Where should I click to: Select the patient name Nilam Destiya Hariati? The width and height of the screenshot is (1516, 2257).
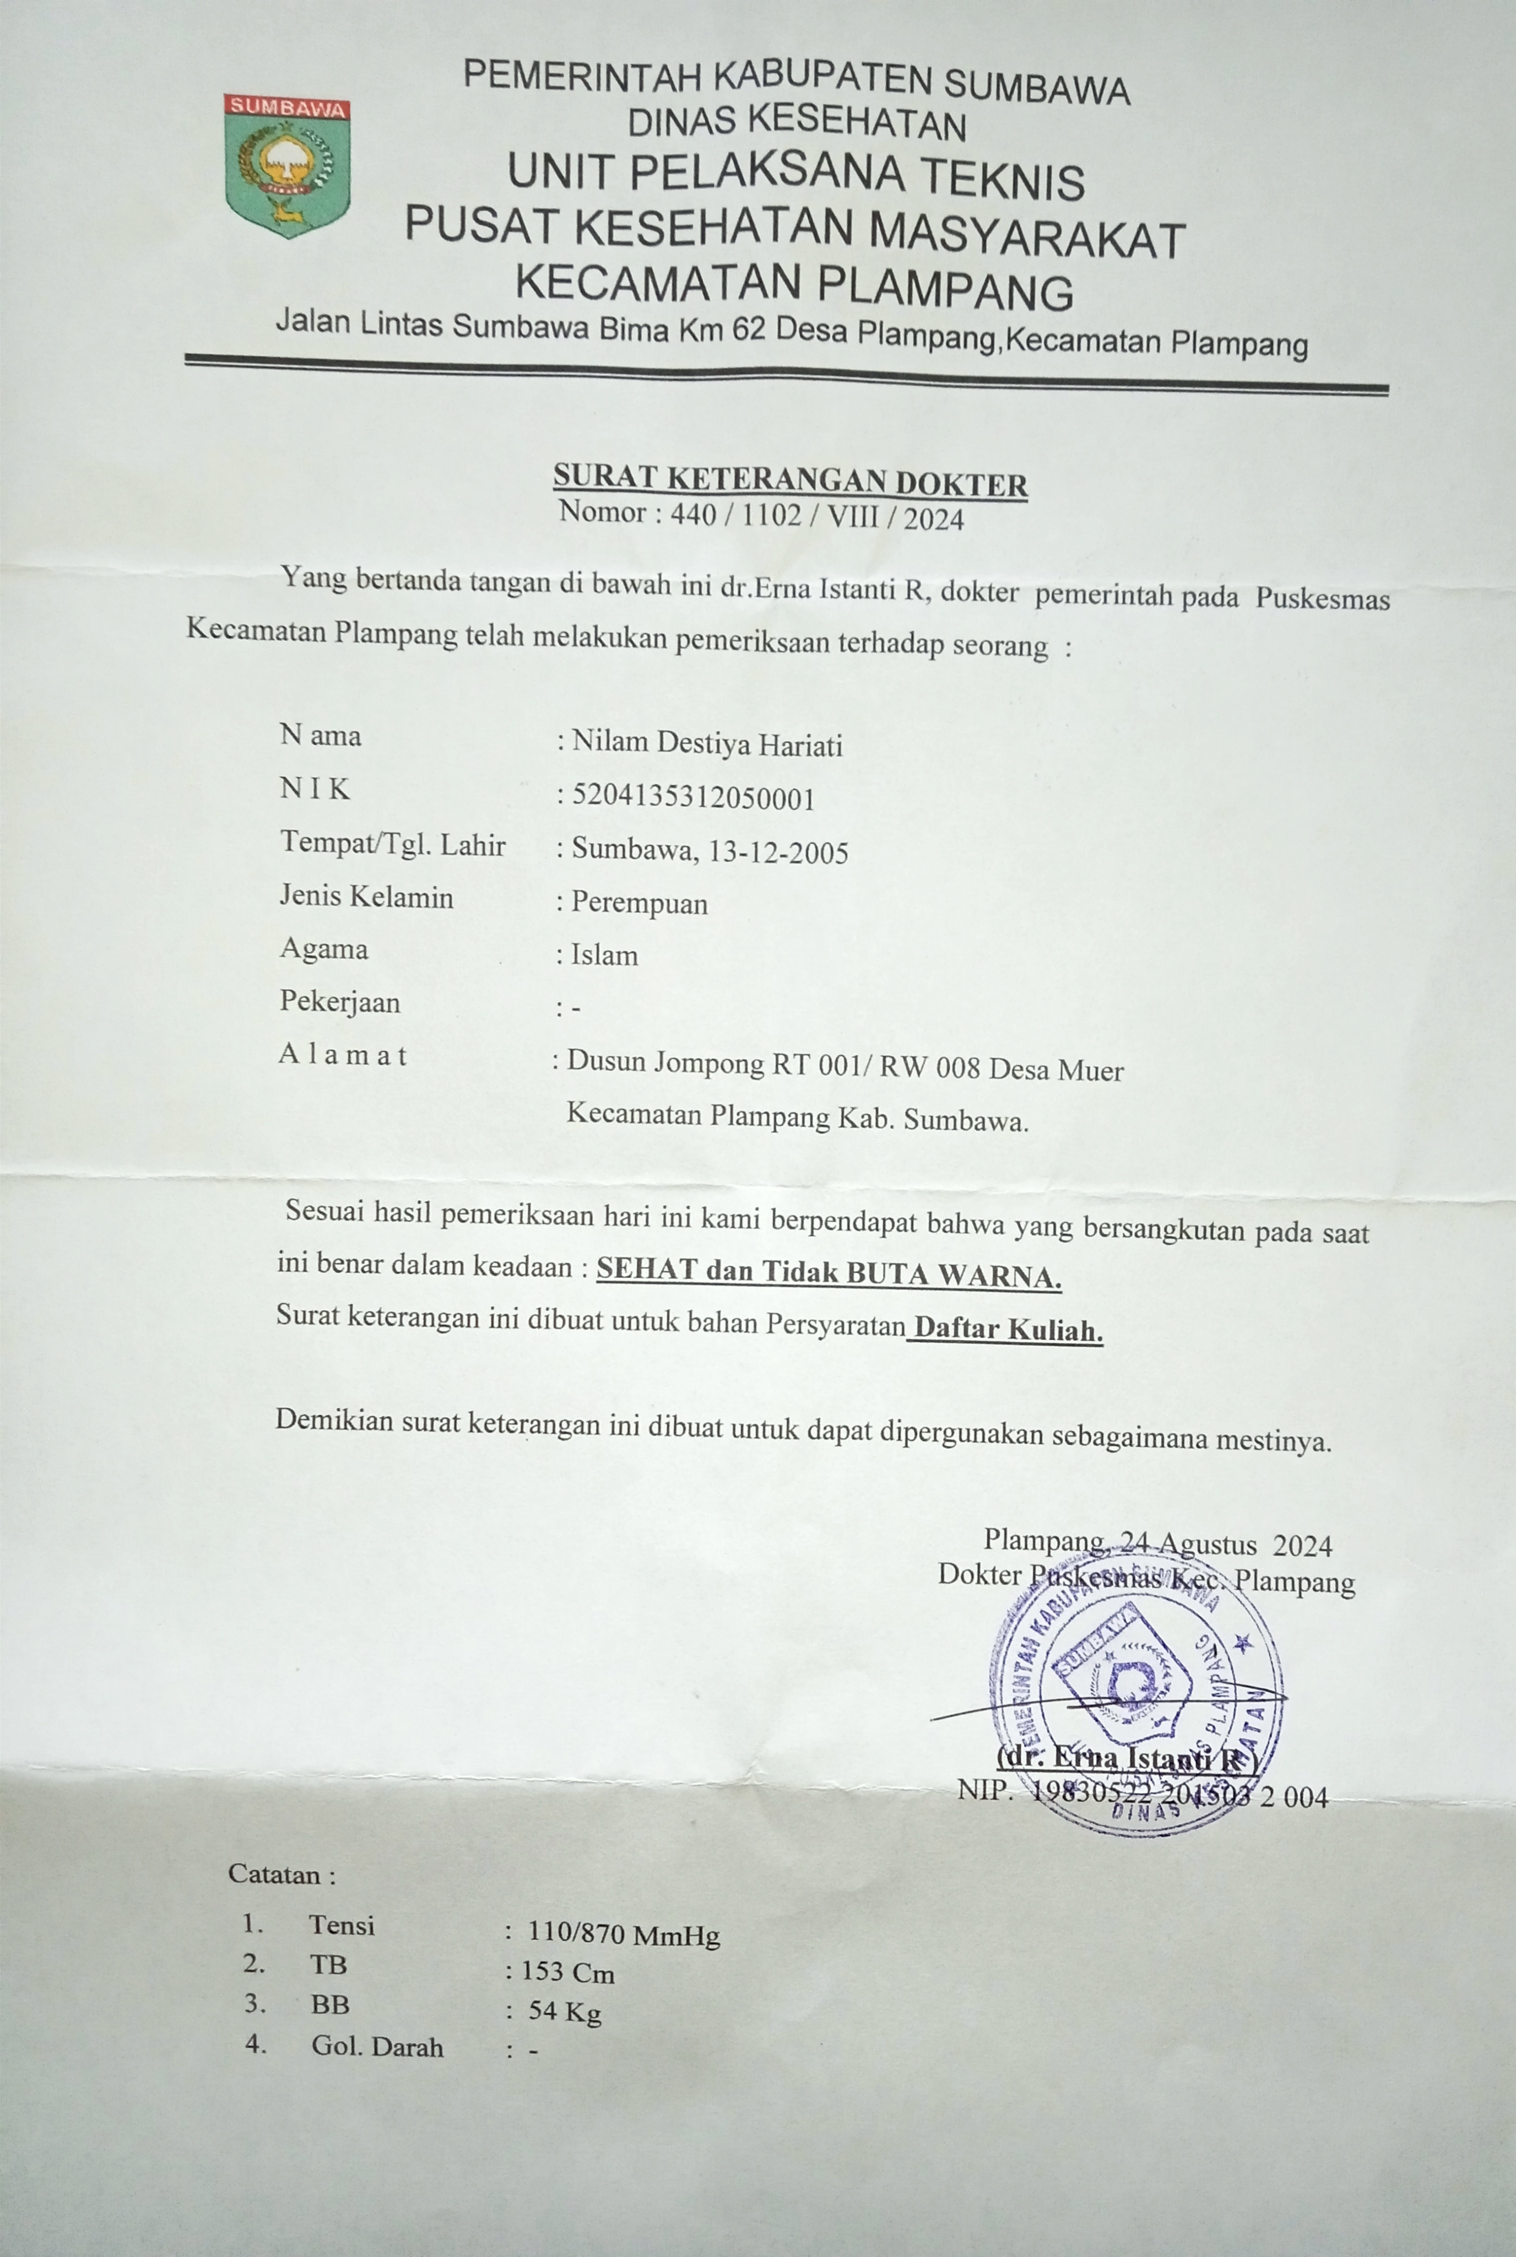click(x=707, y=744)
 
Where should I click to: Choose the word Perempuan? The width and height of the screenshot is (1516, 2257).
click(x=639, y=903)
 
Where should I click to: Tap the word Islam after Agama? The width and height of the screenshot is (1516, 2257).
click(x=604, y=955)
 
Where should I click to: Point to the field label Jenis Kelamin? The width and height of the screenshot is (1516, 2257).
click(x=366, y=898)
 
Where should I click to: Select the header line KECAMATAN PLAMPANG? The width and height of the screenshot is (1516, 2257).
click(x=794, y=287)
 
